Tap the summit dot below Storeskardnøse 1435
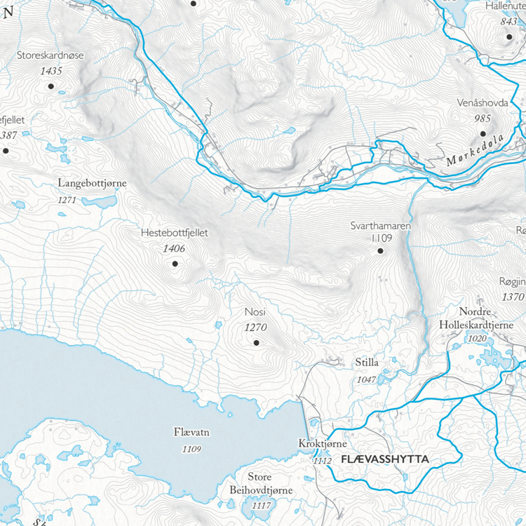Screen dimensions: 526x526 [50, 86]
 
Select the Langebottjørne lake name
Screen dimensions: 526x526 [91, 184]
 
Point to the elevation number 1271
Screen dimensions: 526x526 [67, 200]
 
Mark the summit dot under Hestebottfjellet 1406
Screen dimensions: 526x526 [175, 264]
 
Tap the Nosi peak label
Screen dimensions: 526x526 [255, 312]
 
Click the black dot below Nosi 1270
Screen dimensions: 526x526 [256, 342]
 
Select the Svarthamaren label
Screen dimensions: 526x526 [380, 226]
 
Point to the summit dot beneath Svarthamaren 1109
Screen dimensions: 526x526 [380, 250]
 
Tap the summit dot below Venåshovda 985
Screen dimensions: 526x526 [483, 133]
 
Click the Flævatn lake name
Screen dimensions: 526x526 [191, 433]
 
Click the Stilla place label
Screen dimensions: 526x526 [367, 363]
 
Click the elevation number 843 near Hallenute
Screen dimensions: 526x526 [508, 22]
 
